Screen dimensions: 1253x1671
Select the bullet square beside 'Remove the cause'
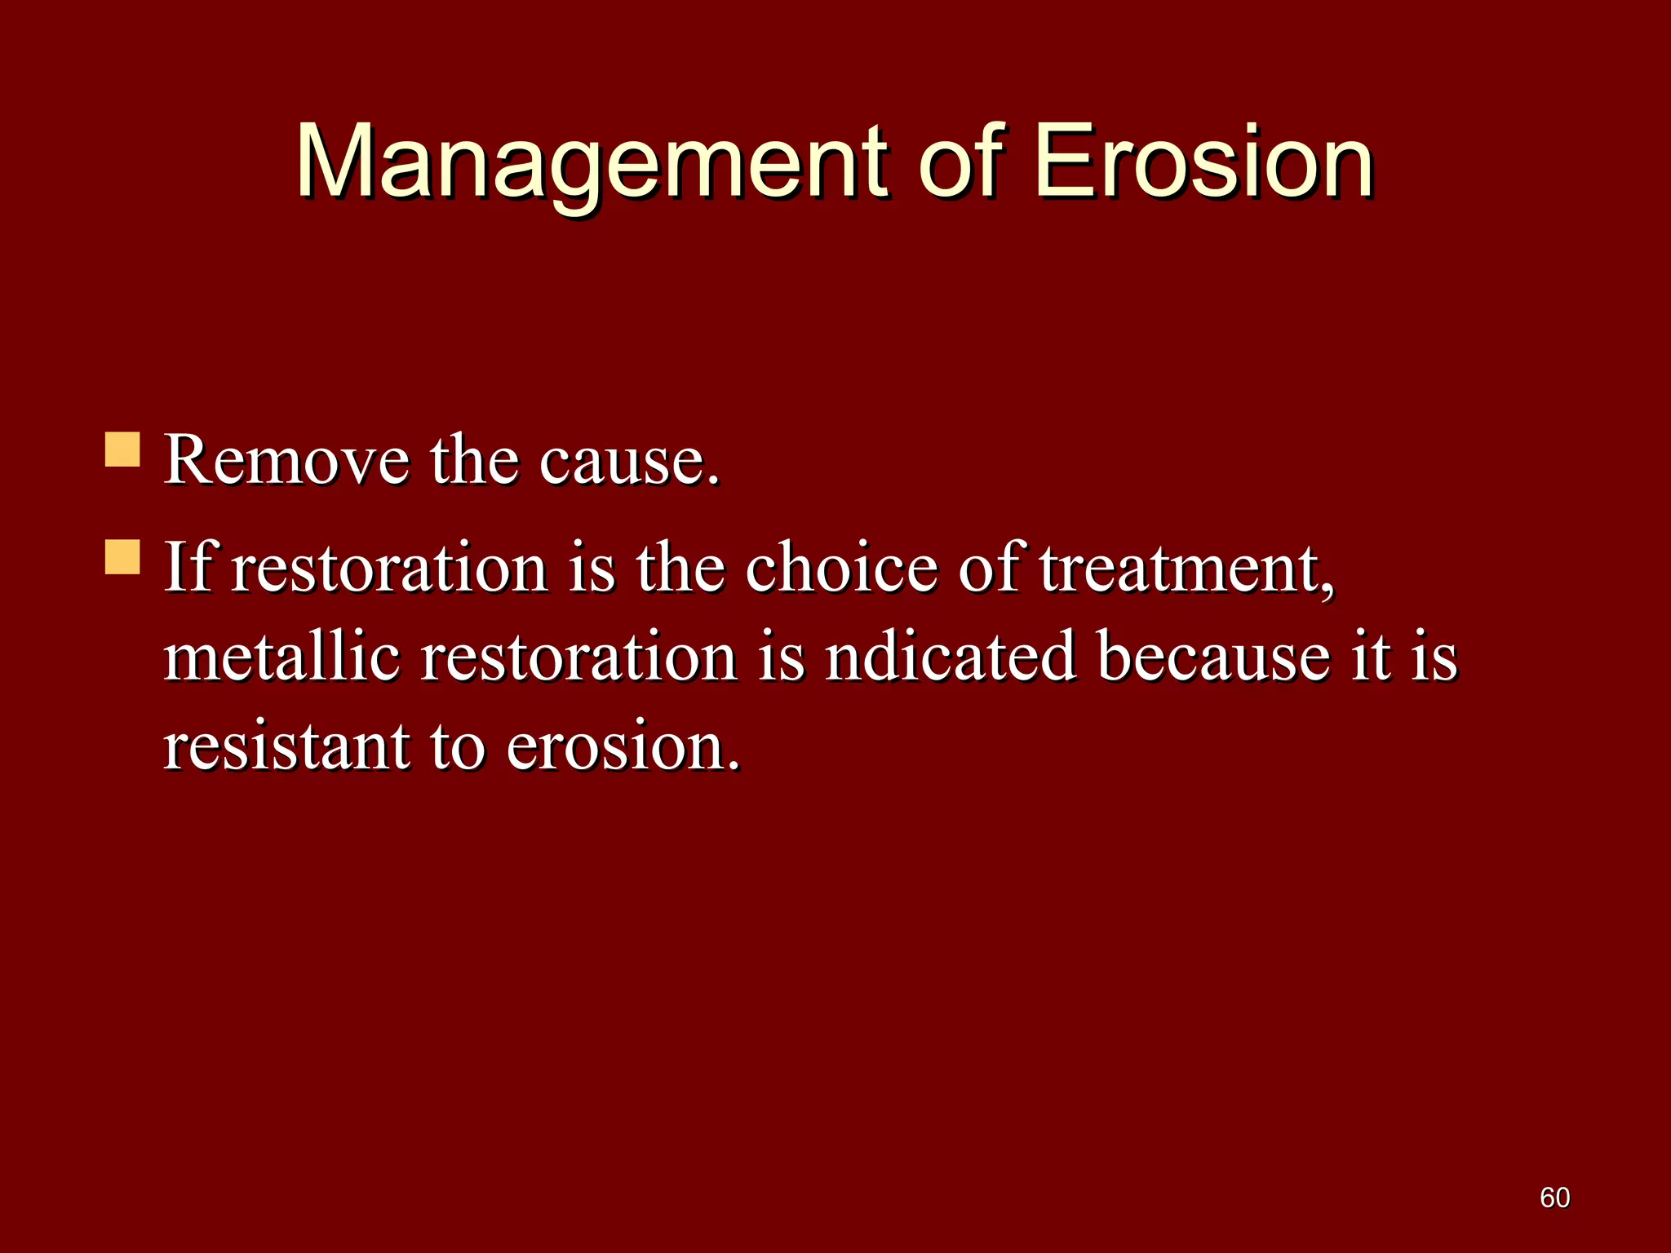pyautogui.click(x=122, y=449)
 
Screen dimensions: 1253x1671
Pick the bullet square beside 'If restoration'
pyautogui.click(x=122, y=557)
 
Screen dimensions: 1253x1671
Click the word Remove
pyautogui.click(x=286, y=461)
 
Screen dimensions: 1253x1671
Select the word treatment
pyautogui.click(x=1187, y=569)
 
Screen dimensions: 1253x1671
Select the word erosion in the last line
pyautogui.click(x=623, y=748)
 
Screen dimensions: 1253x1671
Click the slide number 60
pyautogui.click(x=1554, y=1198)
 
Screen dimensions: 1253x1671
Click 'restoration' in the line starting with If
pyautogui.click(x=389, y=569)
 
